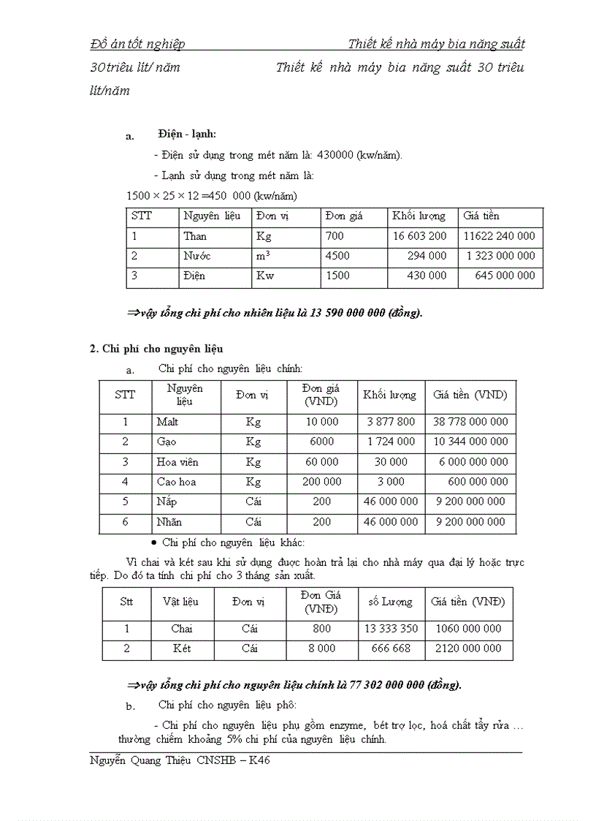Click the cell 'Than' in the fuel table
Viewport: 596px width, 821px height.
[195, 236]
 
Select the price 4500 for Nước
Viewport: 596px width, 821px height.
[337, 256]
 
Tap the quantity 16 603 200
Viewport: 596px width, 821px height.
[419, 236]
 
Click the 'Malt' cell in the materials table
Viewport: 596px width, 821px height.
[167, 422]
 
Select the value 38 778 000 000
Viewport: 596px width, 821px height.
[470, 422]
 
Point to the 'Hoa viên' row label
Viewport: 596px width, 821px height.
[177, 462]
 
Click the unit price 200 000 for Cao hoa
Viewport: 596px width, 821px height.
[321, 482]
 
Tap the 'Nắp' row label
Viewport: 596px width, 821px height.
[167, 502]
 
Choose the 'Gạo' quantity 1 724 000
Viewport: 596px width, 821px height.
[391, 442]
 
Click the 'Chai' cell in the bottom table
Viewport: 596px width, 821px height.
[182, 629]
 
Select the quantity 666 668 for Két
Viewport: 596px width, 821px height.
[391, 648]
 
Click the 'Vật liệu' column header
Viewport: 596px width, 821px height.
[180, 602]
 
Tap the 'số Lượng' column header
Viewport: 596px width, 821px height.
[390, 602]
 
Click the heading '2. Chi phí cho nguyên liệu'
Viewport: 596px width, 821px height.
[156, 348]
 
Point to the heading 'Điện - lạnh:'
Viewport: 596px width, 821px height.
[187, 134]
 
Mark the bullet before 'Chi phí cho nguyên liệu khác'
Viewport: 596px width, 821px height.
[153, 542]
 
